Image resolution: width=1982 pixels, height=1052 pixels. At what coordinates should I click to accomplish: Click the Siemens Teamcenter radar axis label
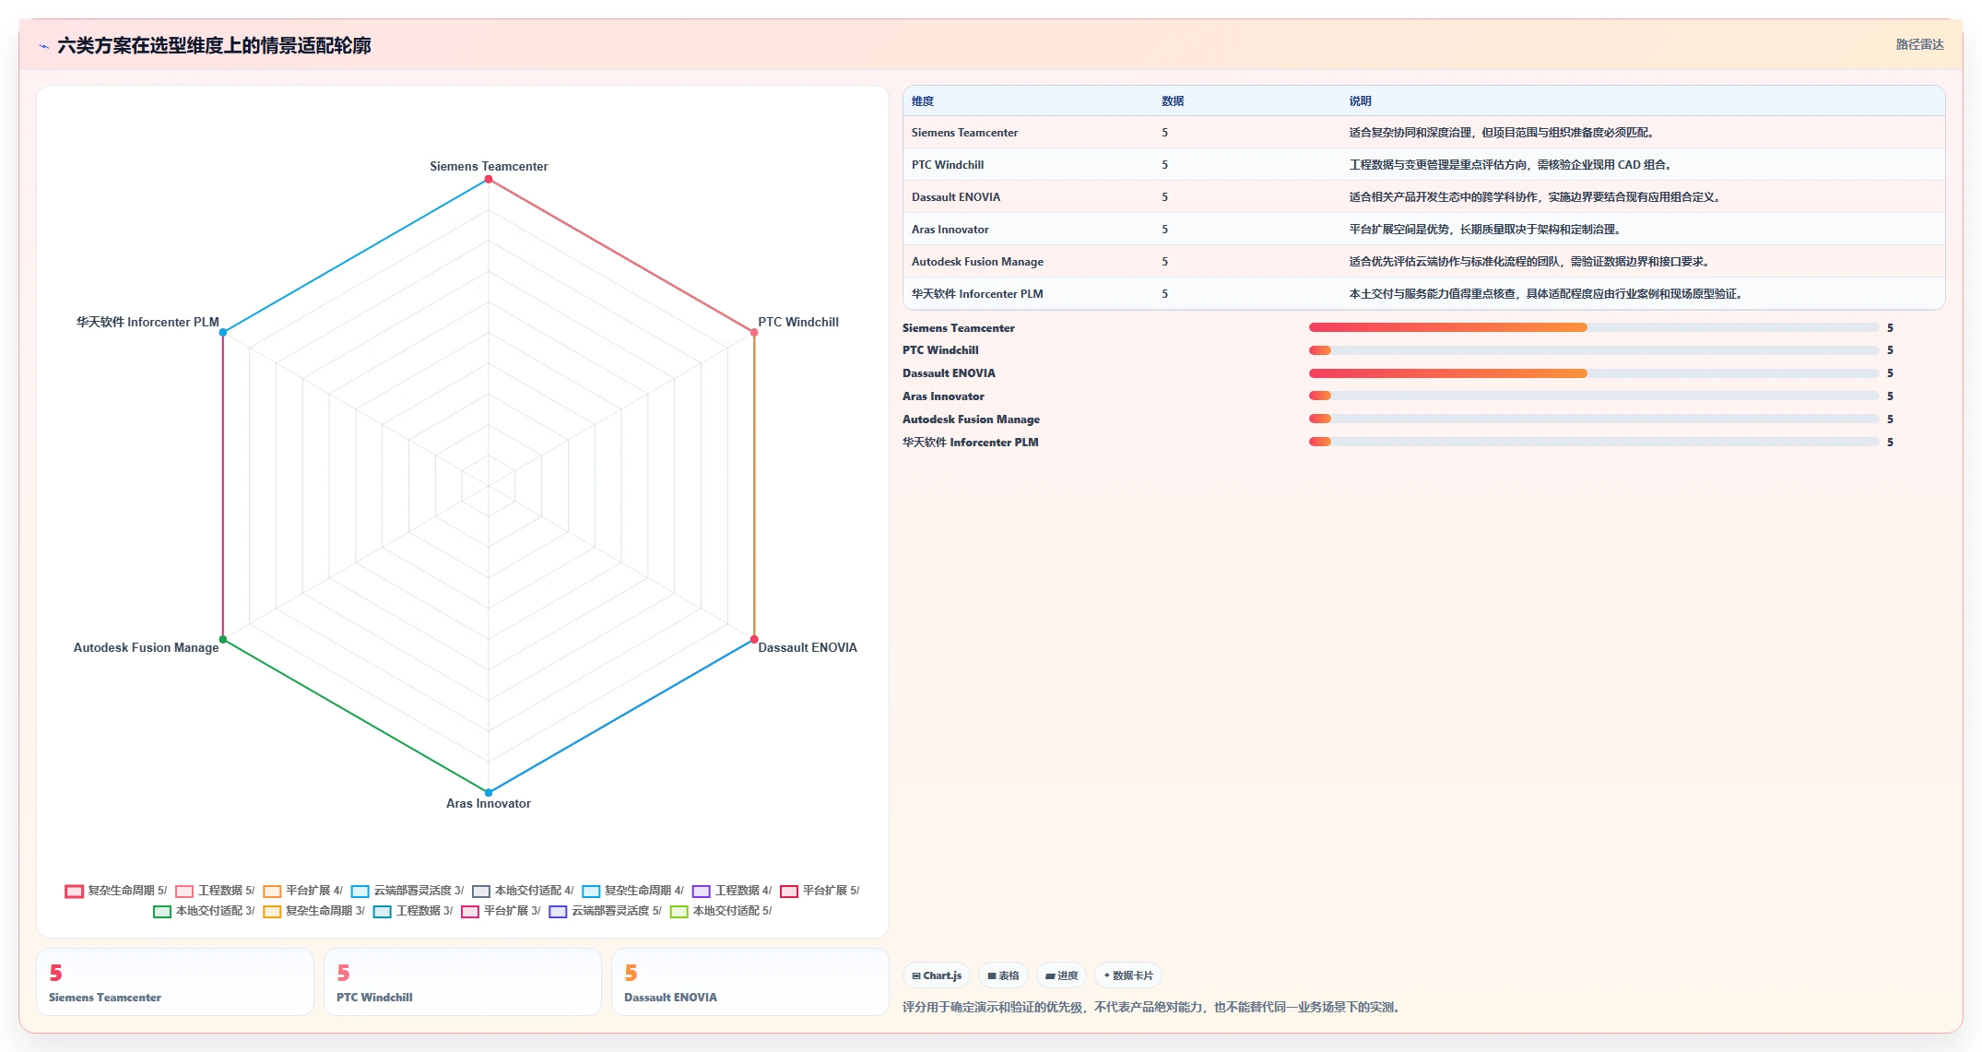[x=489, y=166]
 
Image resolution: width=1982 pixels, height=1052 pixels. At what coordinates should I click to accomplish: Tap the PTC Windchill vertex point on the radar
[x=754, y=332]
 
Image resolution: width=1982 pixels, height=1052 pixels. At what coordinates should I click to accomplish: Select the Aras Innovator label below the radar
[x=489, y=803]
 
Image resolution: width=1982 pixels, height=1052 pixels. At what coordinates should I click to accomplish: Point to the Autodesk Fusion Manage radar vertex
[x=223, y=639]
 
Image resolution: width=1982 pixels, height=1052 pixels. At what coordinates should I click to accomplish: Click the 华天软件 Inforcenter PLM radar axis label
[x=147, y=322]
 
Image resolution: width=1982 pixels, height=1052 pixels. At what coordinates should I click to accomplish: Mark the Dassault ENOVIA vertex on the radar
[x=754, y=639]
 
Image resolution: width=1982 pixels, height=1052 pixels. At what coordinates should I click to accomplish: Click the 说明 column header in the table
[x=1360, y=101]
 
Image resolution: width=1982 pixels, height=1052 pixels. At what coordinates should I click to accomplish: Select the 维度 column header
[x=923, y=101]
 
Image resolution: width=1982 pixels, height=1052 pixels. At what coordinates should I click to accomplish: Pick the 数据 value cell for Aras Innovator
[x=1165, y=230]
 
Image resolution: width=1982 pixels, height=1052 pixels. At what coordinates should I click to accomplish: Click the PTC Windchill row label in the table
[x=948, y=165]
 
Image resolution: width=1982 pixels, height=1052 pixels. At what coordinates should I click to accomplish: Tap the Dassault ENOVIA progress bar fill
[x=1447, y=373]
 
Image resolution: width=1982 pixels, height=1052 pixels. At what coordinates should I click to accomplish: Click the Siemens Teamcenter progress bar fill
[x=1447, y=327]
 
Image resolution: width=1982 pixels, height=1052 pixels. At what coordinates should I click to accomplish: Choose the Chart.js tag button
[x=937, y=975]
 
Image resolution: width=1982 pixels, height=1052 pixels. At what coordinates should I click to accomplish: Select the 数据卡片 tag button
[x=1128, y=975]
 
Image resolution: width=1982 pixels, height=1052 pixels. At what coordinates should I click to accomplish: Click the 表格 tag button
[x=1004, y=975]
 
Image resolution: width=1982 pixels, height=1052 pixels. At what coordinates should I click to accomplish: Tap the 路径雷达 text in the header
[x=1919, y=44]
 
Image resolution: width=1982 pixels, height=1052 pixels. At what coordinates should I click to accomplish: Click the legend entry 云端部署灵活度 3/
[x=408, y=891]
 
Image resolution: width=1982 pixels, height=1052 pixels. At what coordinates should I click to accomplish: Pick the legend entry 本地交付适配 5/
[x=722, y=911]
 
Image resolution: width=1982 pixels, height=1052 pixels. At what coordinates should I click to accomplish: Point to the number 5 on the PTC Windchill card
[x=343, y=973]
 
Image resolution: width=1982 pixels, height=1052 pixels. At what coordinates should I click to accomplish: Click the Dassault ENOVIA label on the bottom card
[x=670, y=998]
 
